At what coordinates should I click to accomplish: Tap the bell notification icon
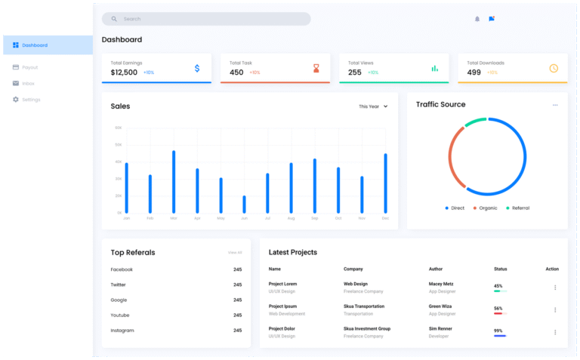coord(477,19)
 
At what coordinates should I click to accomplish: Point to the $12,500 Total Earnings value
coord(124,72)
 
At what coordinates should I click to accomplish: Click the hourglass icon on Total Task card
coord(316,69)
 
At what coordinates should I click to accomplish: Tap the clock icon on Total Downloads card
coord(554,69)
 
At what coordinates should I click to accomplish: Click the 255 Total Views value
coord(354,72)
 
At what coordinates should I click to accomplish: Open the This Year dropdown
coord(373,106)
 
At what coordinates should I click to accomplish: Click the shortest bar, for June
coord(244,205)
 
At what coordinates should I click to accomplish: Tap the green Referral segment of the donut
coord(475,122)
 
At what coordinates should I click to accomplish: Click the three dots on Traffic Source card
coord(555,105)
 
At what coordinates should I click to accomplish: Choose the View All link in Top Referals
coord(235,252)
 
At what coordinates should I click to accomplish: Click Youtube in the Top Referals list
coord(120,315)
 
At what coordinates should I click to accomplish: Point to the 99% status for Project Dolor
coord(498,331)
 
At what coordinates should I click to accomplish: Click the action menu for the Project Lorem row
coord(555,287)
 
